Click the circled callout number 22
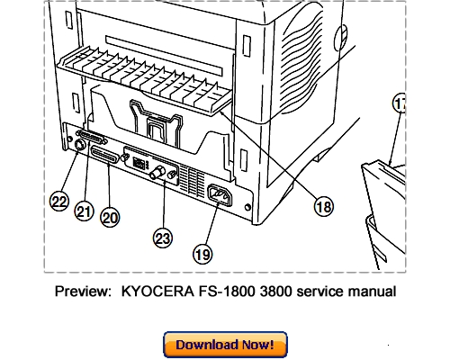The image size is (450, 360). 58,202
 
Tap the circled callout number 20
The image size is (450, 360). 110,217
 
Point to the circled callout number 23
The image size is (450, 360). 162,238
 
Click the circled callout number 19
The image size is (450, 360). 203,255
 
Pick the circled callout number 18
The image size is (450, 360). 321,206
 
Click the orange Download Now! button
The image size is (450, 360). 224,345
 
